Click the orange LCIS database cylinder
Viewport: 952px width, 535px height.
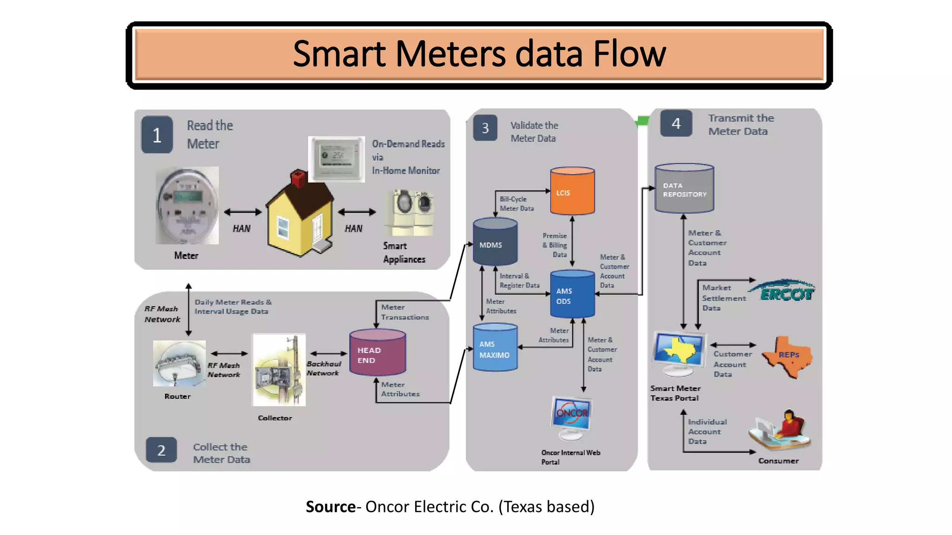click(572, 191)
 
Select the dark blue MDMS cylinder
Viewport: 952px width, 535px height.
click(495, 242)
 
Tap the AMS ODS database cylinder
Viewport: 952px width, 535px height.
click(572, 294)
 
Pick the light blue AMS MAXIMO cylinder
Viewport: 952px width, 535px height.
click(495, 348)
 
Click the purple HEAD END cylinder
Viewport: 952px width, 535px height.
click(377, 353)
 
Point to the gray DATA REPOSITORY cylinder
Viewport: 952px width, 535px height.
click(684, 189)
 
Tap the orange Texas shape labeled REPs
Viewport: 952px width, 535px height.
click(787, 356)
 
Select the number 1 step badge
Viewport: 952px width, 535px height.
click(157, 135)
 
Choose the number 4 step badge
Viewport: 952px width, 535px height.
click(676, 124)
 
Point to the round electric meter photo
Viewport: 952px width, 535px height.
click(187, 206)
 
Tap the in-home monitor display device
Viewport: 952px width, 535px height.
click(336, 159)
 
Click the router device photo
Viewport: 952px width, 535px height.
click(179, 364)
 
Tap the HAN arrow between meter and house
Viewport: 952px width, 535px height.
click(243, 212)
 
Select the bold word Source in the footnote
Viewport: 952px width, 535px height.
click(331, 507)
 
